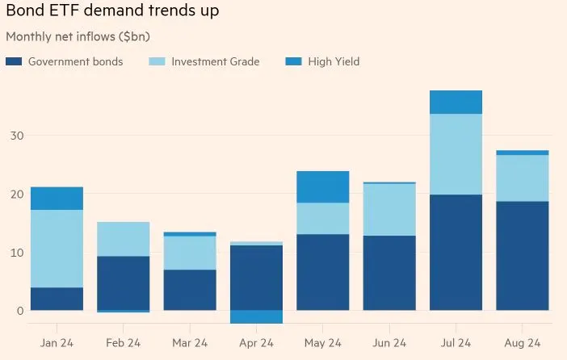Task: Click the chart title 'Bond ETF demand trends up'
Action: coord(112,11)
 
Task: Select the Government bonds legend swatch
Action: coord(14,61)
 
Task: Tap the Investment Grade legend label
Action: coord(216,61)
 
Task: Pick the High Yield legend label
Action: coord(334,61)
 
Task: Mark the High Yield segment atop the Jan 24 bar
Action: coord(57,199)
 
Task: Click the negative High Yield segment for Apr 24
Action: coord(256,316)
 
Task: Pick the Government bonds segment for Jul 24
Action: coord(456,252)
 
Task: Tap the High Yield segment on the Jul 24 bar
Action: coord(456,102)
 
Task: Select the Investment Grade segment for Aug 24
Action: coord(522,178)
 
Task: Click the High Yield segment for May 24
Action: coord(322,186)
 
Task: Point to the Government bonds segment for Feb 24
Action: coord(123,283)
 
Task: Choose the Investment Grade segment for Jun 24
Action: coord(388,210)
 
